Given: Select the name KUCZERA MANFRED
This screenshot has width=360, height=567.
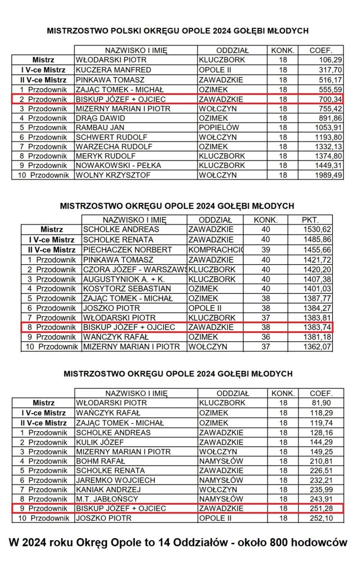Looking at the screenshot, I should coord(113,70).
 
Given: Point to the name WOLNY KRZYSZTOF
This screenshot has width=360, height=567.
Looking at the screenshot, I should coord(113,175).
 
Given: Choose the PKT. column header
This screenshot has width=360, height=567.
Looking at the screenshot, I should coord(310,220).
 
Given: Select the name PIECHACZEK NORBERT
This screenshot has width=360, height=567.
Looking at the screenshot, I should coord(127,249).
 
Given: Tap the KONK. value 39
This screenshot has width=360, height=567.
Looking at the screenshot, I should coord(265,249).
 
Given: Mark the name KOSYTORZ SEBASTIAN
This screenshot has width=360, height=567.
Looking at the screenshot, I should coord(127,288).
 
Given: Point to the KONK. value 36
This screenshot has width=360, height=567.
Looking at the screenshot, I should coord(265,337).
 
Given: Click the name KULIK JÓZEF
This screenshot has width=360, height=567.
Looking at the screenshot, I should coord(99,442).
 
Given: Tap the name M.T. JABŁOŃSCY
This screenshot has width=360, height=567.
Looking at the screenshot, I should coord(107,499).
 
